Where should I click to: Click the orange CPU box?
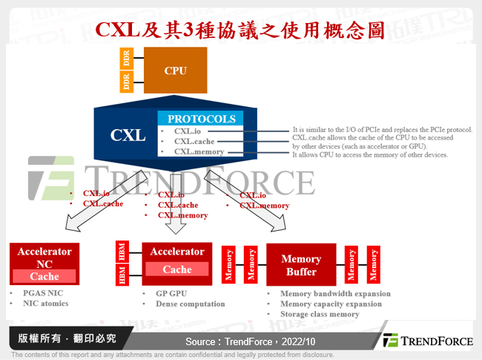coord(176,71)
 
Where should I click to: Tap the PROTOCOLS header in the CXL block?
coord(201,119)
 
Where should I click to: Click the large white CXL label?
coord(128,135)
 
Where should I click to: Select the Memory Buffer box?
coord(300,265)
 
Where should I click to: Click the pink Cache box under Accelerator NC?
coord(45,276)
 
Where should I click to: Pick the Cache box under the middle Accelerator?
coord(177,269)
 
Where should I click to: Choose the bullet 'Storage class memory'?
coord(320,314)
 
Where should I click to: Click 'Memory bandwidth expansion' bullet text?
coord(335,293)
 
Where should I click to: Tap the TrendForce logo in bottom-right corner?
coord(428,341)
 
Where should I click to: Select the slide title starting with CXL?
coord(241,30)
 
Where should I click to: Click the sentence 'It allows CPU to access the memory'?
coord(370,154)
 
